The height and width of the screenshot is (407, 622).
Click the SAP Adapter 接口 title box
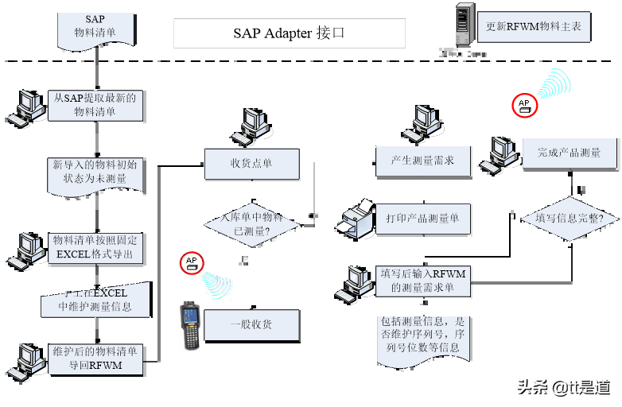click(x=290, y=33)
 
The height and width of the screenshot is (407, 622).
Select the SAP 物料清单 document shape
click(x=95, y=28)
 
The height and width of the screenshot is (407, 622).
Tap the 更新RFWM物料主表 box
click(x=533, y=26)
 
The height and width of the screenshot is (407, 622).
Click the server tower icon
click(x=465, y=25)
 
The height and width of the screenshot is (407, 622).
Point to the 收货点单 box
click(x=251, y=163)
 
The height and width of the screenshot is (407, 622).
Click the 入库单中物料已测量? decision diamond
click(x=251, y=223)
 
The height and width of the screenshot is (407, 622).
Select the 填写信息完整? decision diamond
click(x=569, y=218)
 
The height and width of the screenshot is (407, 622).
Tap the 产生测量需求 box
click(x=422, y=160)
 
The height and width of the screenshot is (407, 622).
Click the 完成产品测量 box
click(x=569, y=153)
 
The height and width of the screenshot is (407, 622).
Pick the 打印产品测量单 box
click(x=422, y=218)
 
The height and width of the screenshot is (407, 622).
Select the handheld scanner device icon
click(x=189, y=326)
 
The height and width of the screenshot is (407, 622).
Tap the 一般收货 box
click(x=251, y=324)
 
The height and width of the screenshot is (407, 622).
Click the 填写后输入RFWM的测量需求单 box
click(x=422, y=281)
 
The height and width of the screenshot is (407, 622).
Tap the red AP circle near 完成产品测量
click(x=524, y=105)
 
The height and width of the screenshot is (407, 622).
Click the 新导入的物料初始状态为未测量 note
click(x=95, y=172)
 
